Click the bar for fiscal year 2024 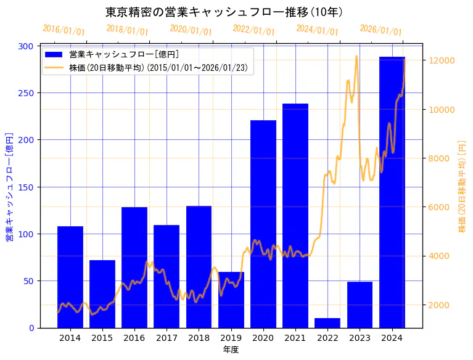point(392,192)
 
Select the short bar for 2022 point(327,322)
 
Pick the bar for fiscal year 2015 point(102,293)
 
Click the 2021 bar point(295,215)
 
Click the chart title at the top point(224,12)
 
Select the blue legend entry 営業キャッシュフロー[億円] point(124,54)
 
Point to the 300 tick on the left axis point(27,46)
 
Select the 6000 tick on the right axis point(441,207)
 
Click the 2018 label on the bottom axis point(199,338)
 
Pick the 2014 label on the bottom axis point(70,338)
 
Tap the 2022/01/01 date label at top point(253,30)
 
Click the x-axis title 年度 point(231,350)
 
